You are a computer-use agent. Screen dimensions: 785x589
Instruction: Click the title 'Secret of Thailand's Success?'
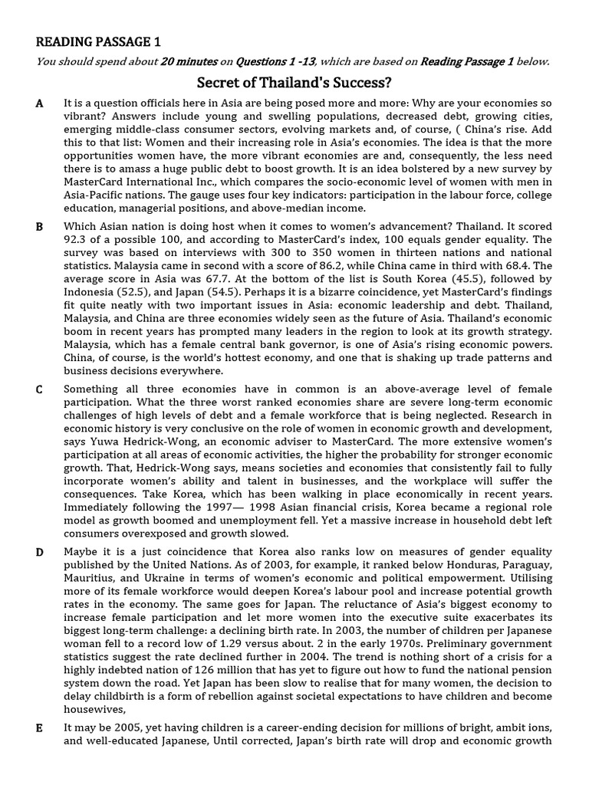[294, 82]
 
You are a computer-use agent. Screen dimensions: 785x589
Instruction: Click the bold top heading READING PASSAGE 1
[98, 41]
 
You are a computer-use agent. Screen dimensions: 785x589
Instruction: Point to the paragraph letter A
[39, 103]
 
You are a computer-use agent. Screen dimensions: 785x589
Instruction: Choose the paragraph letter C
[39, 389]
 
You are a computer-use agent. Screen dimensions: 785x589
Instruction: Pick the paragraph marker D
[39, 552]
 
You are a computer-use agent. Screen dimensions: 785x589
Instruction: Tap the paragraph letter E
[39, 728]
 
